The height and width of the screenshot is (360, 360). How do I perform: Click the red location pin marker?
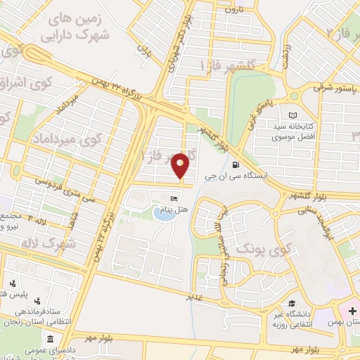pos(182,166)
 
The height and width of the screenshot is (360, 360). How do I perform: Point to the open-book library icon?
pos(293,116)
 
